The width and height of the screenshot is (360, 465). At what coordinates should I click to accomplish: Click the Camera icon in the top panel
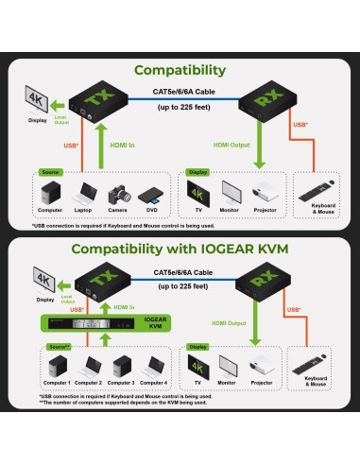coord(118,192)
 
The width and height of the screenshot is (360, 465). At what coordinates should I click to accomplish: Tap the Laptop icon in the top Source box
coord(84,192)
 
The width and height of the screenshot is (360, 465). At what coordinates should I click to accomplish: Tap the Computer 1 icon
coord(53,365)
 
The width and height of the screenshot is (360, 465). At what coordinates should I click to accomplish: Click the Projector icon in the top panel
coord(265,194)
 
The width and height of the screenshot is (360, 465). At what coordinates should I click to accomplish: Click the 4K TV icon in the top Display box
coord(197,193)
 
